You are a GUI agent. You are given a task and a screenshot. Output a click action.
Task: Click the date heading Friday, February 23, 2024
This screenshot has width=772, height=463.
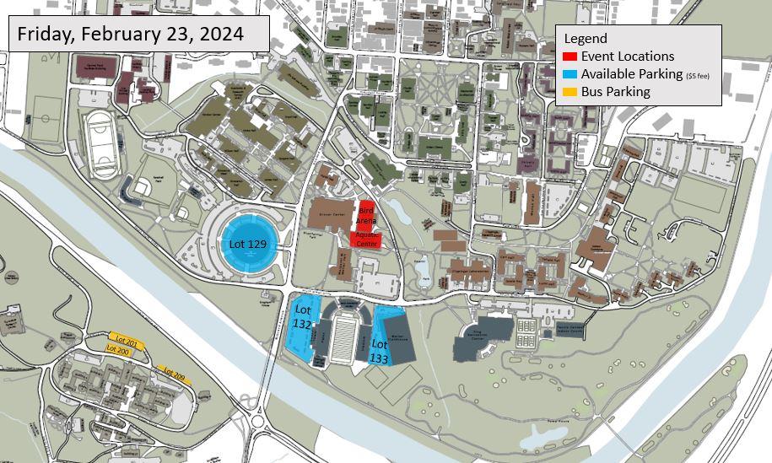tap(130, 35)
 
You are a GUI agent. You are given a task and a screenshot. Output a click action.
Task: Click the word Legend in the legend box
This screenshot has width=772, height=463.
tap(585, 39)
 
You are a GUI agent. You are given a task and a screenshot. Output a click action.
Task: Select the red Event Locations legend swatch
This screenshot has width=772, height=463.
tap(570, 57)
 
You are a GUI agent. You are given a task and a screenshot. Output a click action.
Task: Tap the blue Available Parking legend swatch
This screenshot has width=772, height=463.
tap(570, 74)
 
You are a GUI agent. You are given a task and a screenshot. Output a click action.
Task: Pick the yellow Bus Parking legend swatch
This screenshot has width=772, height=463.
tap(570, 92)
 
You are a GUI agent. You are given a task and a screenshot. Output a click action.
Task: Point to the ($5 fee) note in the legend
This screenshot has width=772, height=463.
tap(698, 76)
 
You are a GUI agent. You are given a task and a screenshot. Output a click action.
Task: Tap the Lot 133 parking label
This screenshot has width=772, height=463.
tap(380, 351)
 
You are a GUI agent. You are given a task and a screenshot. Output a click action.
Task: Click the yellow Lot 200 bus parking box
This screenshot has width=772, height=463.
tap(117, 349)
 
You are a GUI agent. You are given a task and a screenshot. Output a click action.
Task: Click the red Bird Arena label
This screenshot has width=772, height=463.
tap(366, 213)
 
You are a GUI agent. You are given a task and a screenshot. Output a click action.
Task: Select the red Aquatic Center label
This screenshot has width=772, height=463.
tap(367, 239)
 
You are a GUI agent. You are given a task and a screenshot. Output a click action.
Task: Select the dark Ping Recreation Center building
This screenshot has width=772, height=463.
tap(483, 339)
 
